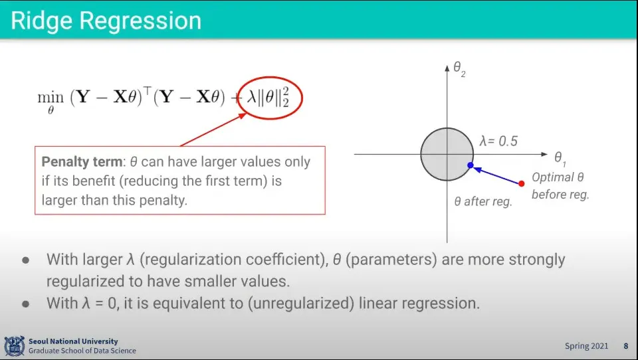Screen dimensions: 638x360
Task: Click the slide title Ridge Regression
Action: click(106, 21)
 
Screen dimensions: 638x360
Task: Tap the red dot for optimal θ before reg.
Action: click(522, 183)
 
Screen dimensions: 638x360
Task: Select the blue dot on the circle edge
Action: click(471, 165)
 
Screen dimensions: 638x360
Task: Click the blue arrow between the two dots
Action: click(496, 175)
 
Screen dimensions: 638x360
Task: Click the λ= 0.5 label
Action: click(498, 141)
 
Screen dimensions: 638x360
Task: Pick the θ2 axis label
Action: click(459, 68)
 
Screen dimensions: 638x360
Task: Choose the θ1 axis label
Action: click(560, 159)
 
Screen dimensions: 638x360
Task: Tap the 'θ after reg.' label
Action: click(483, 201)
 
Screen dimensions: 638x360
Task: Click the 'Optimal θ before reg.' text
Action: click(560, 186)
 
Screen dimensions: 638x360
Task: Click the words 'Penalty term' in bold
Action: click(82, 162)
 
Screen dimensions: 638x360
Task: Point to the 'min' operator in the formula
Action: click(51, 98)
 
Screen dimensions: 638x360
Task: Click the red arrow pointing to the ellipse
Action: click(213, 130)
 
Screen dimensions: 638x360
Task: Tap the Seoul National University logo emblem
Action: click(15, 346)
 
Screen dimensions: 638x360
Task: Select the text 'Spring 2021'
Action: click(586, 346)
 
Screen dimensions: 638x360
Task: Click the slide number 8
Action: click(626, 346)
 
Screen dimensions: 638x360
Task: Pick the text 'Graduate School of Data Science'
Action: click(82, 351)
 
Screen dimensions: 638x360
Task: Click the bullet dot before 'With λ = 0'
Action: click(26, 304)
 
